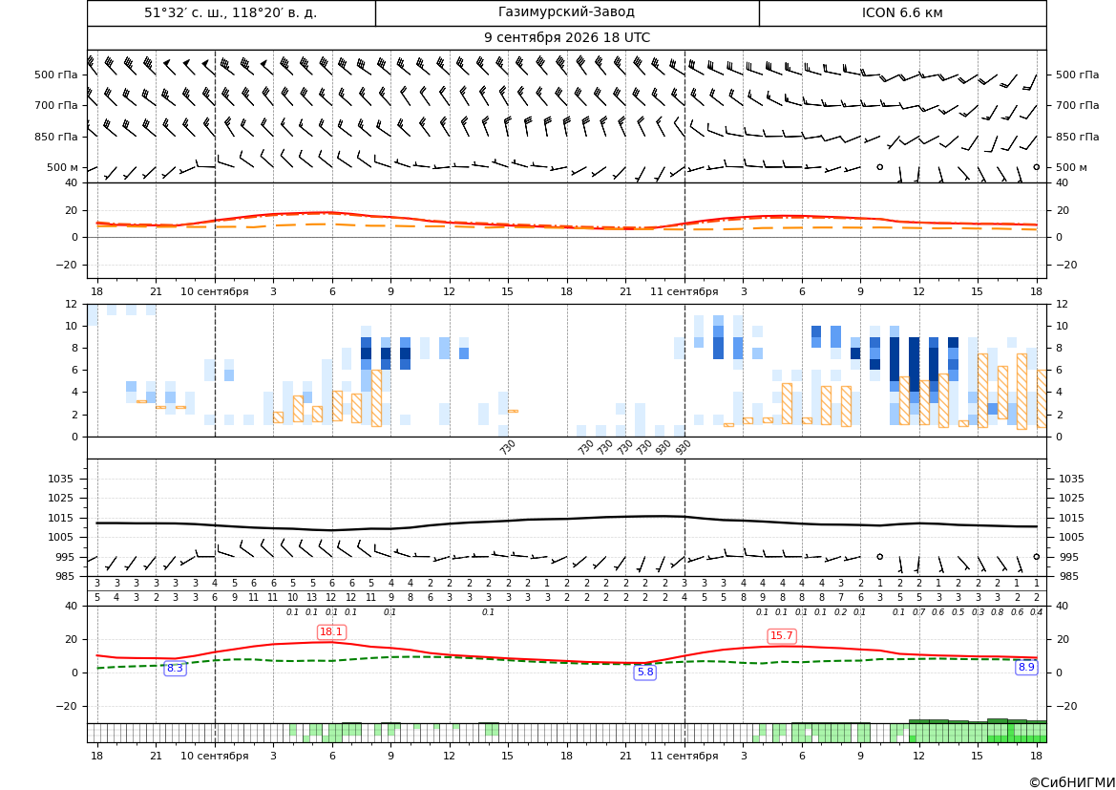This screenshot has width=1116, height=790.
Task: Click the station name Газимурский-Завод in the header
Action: coord(566,12)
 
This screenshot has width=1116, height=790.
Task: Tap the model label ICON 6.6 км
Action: coord(902,12)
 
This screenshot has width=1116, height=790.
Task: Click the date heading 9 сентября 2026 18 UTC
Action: coord(566,38)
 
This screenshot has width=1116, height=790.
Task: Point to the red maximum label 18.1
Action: coord(331,631)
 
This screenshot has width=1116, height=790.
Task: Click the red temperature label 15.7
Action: coord(781,635)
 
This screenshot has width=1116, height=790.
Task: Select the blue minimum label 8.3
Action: coord(175,668)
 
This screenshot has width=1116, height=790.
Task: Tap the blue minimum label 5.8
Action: coord(644,672)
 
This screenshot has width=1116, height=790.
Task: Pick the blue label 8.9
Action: coord(1026,668)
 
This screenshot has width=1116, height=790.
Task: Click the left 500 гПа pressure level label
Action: coord(56,75)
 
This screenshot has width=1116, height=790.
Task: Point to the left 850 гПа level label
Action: coord(56,137)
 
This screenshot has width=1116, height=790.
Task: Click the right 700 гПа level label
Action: coord(1078,105)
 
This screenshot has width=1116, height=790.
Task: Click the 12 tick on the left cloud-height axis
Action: coord(72,304)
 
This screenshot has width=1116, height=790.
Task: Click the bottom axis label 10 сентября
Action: coord(215,756)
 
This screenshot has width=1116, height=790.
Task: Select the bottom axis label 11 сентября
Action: coord(684,756)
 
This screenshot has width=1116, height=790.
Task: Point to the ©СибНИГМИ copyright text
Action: coord(1072,782)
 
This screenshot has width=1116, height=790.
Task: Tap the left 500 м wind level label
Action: coord(63,167)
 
